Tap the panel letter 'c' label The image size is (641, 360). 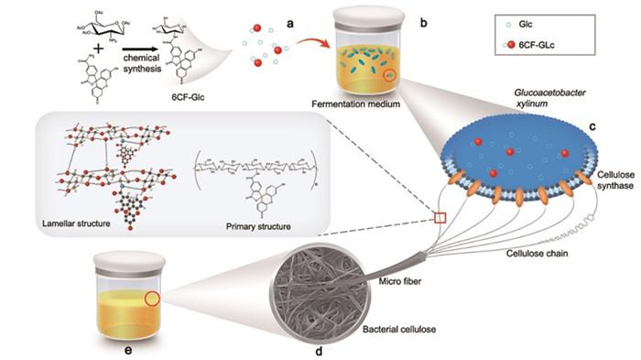pos(593,125)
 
